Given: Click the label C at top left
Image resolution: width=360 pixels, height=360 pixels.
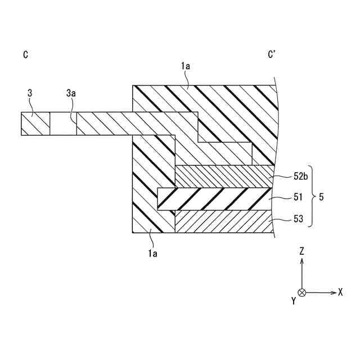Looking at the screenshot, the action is (x=26, y=55).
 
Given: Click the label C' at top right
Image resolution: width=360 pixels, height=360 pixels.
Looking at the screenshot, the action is (x=272, y=55).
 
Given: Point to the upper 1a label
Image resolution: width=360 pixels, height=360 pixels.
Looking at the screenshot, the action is (x=185, y=66).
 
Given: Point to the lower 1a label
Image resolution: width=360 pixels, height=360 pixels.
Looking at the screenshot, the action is (x=152, y=254).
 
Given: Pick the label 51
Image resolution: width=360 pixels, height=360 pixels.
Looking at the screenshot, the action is (x=299, y=197).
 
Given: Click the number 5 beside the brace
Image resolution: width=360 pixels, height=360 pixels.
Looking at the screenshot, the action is (x=321, y=197).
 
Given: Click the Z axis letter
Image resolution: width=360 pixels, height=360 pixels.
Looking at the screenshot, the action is (x=302, y=252).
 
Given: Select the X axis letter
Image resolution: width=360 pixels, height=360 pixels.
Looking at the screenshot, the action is (x=340, y=292).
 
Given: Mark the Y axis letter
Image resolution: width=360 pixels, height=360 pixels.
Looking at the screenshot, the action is (x=294, y=301).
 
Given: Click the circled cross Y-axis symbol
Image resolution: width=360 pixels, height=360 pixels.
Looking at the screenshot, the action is (x=302, y=292).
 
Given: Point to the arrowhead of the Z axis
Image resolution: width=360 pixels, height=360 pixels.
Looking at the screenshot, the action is (x=302, y=262).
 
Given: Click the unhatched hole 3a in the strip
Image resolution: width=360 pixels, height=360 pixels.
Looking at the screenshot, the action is (x=63, y=123).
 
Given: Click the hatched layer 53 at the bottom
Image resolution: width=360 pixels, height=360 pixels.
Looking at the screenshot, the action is (x=225, y=222).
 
